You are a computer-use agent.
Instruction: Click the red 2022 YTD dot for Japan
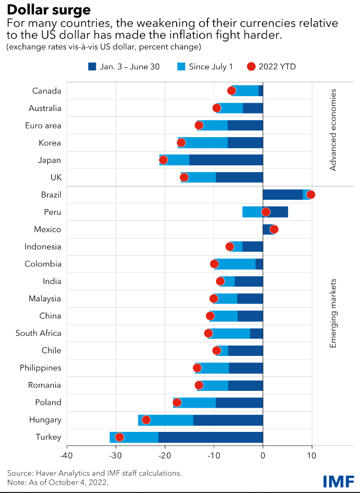coord(163,160)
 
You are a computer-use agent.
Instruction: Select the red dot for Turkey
coord(120,437)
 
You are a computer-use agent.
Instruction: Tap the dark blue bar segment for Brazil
coord(282,194)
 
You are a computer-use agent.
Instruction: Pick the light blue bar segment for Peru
coord(252,212)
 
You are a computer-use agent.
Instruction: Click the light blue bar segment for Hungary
coord(165,420)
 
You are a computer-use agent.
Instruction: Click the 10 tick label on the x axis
coord(311,455)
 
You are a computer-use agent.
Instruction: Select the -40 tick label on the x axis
coord(67,455)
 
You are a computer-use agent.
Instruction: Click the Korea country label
coord(50,143)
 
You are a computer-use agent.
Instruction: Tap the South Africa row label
coord(39,333)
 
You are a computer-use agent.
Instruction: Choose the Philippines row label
coord(41,368)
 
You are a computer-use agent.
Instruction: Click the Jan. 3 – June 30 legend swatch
coord(92,66)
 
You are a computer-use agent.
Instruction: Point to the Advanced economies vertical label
coord(333,129)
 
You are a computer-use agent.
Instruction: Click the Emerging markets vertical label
coord(333,313)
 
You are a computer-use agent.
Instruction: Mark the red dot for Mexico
coord(274,229)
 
